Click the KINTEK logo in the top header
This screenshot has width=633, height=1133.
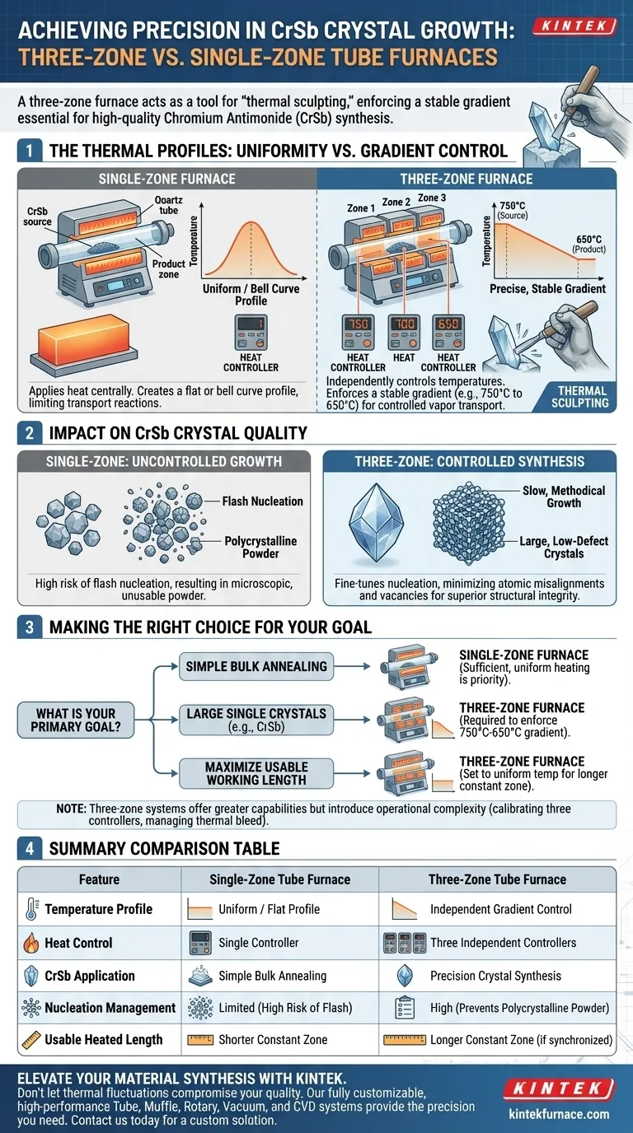tap(574, 27)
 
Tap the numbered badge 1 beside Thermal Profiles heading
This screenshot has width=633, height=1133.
tap(29, 151)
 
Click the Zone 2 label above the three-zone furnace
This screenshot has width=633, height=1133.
tap(396, 203)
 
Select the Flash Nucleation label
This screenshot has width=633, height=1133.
tap(263, 501)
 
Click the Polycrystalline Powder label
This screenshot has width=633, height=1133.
tap(260, 548)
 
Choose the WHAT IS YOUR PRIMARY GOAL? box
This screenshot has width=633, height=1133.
tap(76, 720)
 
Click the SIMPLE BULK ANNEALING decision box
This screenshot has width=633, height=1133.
tap(256, 665)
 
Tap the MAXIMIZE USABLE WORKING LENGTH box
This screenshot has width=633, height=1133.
tap(256, 773)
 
